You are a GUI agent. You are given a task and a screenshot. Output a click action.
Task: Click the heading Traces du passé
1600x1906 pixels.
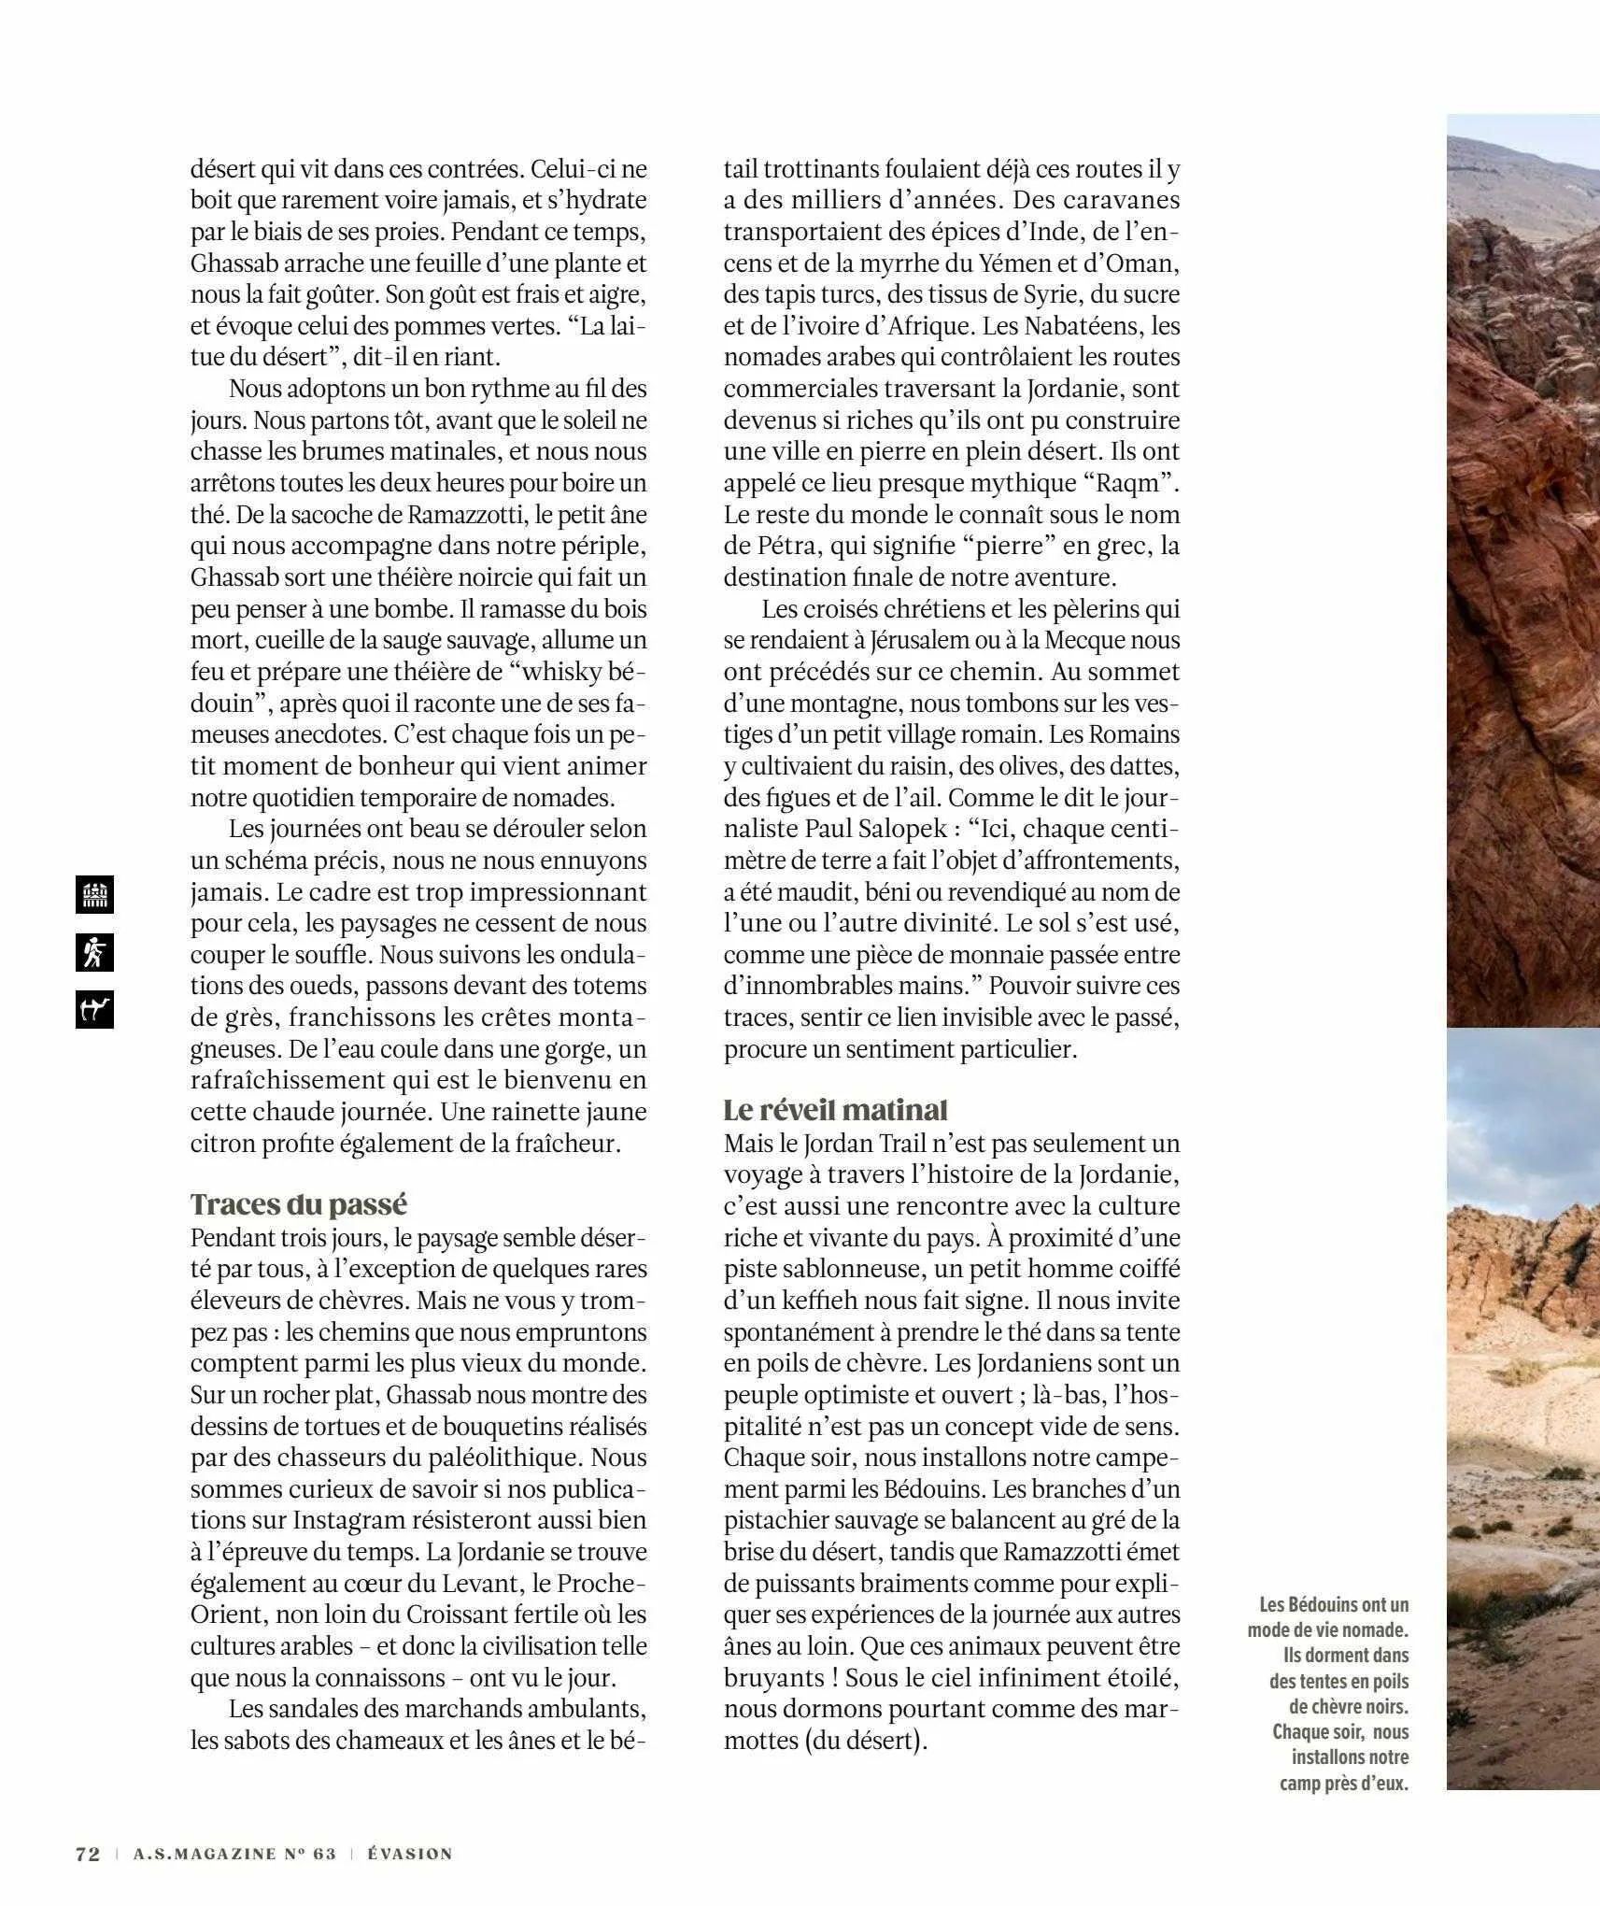(x=299, y=1203)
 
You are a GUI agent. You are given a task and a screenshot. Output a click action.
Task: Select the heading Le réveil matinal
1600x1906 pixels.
(x=835, y=1109)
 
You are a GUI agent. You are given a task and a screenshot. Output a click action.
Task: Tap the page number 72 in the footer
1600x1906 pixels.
(x=87, y=1854)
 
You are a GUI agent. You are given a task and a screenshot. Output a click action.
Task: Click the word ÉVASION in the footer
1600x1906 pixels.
(x=410, y=1854)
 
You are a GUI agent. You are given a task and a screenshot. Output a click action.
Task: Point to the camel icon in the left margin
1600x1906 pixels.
(x=94, y=1009)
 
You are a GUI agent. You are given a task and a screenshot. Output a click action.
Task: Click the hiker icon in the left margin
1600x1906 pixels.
(x=94, y=952)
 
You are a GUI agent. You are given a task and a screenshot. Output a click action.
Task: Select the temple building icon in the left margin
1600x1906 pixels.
(x=94, y=895)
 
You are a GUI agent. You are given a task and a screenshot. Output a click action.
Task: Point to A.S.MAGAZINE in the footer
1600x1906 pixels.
(x=234, y=1854)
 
